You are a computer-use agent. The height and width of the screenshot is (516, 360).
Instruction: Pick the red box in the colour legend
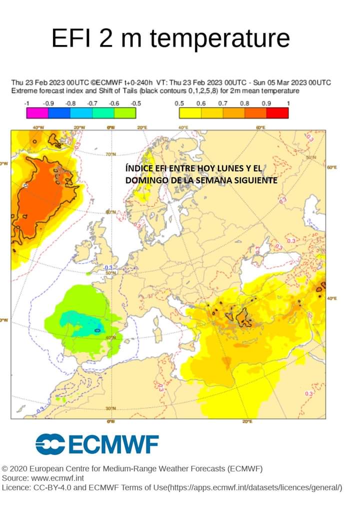277,113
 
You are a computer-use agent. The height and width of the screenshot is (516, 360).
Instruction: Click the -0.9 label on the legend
48,103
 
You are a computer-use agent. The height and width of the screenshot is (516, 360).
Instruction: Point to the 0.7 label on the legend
222,103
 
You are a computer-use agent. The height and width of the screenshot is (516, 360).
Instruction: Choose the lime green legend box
124,113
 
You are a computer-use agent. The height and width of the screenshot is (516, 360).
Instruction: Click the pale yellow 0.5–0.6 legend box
190,113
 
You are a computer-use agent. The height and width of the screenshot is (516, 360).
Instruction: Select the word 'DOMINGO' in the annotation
144,179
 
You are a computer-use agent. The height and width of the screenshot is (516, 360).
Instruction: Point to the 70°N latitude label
110,153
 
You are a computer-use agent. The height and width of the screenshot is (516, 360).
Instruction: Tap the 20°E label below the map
247,421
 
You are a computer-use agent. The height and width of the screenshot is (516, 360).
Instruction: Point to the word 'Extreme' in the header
23,91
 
